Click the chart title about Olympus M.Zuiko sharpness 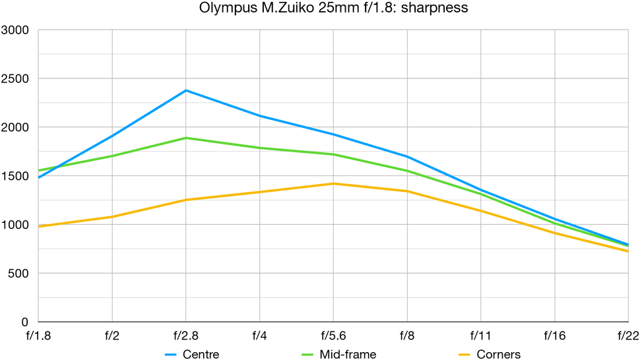(320, 10)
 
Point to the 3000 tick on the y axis (15, 30)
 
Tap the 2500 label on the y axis (15, 79)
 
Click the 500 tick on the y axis (18, 274)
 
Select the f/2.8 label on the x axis (185, 335)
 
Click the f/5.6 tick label (333, 335)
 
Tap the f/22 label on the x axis (627, 335)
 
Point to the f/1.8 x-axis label (38, 335)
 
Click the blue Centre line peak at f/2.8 (186, 90)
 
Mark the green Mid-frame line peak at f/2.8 (186, 138)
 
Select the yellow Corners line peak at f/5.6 (333, 183)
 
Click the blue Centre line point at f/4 (260, 116)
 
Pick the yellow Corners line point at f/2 (112, 216)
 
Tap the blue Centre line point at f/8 (407, 156)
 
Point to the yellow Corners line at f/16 (554, 233)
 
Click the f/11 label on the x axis (480, 335)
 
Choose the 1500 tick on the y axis (15, 176)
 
